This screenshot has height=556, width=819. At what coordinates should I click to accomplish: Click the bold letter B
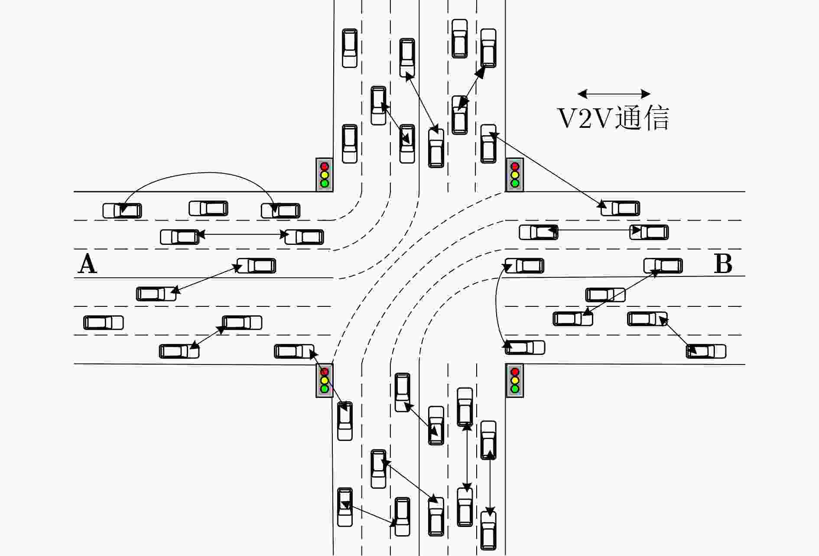point(723,263)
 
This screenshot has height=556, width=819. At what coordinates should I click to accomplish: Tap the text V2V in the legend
point(585,118)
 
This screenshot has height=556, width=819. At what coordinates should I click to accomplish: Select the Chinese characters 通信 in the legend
point(642,118)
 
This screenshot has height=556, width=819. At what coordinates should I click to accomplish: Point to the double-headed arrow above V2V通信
point(614,94)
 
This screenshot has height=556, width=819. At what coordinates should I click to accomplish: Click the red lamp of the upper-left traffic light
point(324,166)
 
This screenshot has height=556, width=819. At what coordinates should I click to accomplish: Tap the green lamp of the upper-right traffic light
point(515,183)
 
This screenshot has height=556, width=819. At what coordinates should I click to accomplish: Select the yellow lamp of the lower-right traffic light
point(515,380)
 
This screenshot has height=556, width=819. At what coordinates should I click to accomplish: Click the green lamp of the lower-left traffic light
point(324,389)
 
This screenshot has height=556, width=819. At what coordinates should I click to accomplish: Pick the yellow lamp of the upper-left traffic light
point(324,175)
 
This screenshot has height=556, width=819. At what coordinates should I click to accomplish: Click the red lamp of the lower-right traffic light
point(515,372)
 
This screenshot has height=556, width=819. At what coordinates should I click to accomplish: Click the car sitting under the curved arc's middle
point(208,208)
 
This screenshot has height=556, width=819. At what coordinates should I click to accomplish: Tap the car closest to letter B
point(663,266)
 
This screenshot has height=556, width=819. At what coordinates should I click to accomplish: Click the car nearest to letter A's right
point(256,266)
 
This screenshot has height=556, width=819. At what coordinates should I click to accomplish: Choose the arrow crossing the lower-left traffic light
point(328,380)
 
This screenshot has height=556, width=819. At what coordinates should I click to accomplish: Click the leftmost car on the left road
point(104,323)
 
